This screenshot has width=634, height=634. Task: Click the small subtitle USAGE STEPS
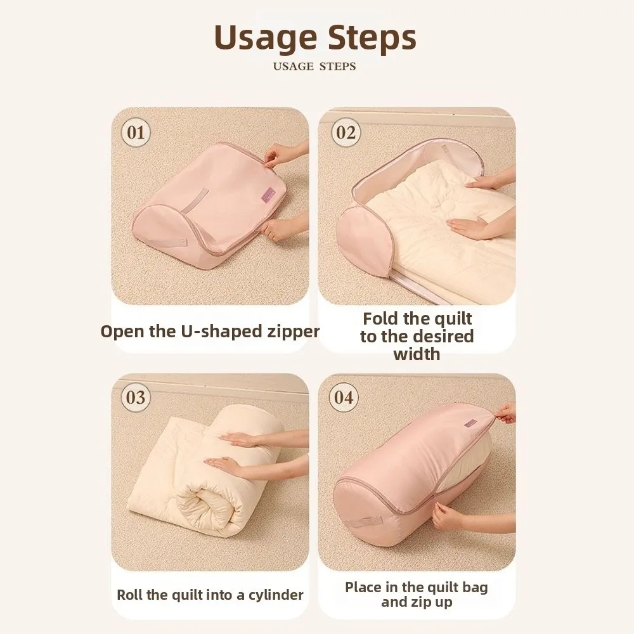314,66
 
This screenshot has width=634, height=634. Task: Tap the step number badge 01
136,133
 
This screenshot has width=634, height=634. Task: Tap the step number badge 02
346,133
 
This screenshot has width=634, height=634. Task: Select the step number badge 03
136,398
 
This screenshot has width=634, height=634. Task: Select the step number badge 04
343,398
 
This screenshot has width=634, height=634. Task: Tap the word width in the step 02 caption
417,354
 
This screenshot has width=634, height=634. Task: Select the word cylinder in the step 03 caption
273,595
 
